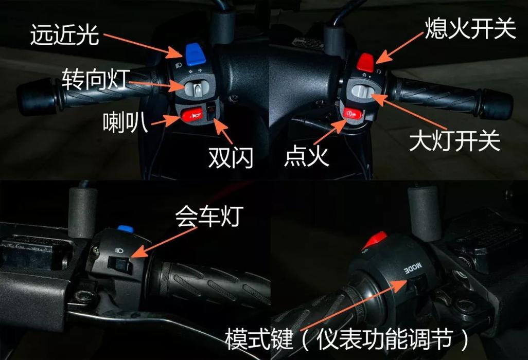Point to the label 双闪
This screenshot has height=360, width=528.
(x=231, y=158)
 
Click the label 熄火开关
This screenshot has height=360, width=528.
(x=469, y=30)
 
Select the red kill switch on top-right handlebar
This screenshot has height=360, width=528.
(x=365, y=62)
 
